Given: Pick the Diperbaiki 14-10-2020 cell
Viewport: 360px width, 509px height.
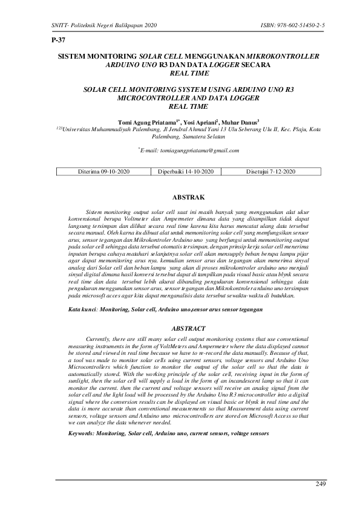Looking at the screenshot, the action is click(x=186, y=172).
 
